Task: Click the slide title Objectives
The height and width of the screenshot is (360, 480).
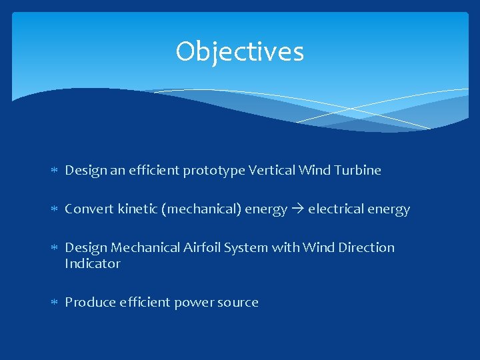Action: pos(239,52)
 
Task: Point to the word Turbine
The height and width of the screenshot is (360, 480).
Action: pos(359,170)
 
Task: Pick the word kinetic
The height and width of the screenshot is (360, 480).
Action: pos(135,209)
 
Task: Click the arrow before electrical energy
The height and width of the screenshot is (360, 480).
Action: pos(297,209)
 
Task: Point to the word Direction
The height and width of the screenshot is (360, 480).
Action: pos(366,248)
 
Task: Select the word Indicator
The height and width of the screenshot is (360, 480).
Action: pos(93,264)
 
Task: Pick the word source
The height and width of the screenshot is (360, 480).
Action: pos(237,303)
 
